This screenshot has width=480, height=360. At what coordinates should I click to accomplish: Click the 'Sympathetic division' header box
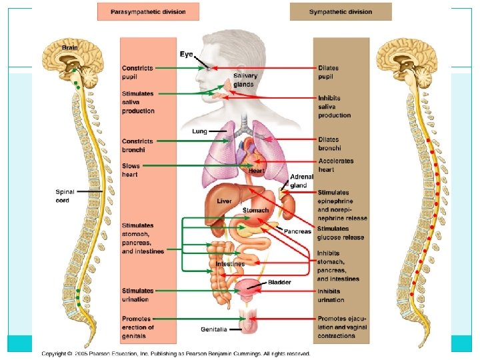coord(340,11)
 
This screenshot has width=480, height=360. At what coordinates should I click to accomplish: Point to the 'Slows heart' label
coord(131,170)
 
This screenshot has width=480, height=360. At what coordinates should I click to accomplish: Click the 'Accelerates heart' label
coord(336,165)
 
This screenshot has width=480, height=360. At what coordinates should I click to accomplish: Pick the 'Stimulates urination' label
coord(137,295)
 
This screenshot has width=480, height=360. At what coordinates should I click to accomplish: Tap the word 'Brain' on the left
coord(69,47)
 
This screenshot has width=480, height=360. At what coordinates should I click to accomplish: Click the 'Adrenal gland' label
coord(299,181)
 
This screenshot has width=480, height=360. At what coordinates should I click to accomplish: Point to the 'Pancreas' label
coord(298,231)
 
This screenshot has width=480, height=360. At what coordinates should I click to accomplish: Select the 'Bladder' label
coord(279,282)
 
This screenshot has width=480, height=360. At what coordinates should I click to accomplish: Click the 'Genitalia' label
coord(214,329)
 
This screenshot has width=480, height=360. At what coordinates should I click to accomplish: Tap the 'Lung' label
coord(200,131)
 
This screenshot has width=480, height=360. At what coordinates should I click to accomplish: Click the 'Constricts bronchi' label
coord(137,145)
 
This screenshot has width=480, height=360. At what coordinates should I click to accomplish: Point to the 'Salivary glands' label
coord(243,80)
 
